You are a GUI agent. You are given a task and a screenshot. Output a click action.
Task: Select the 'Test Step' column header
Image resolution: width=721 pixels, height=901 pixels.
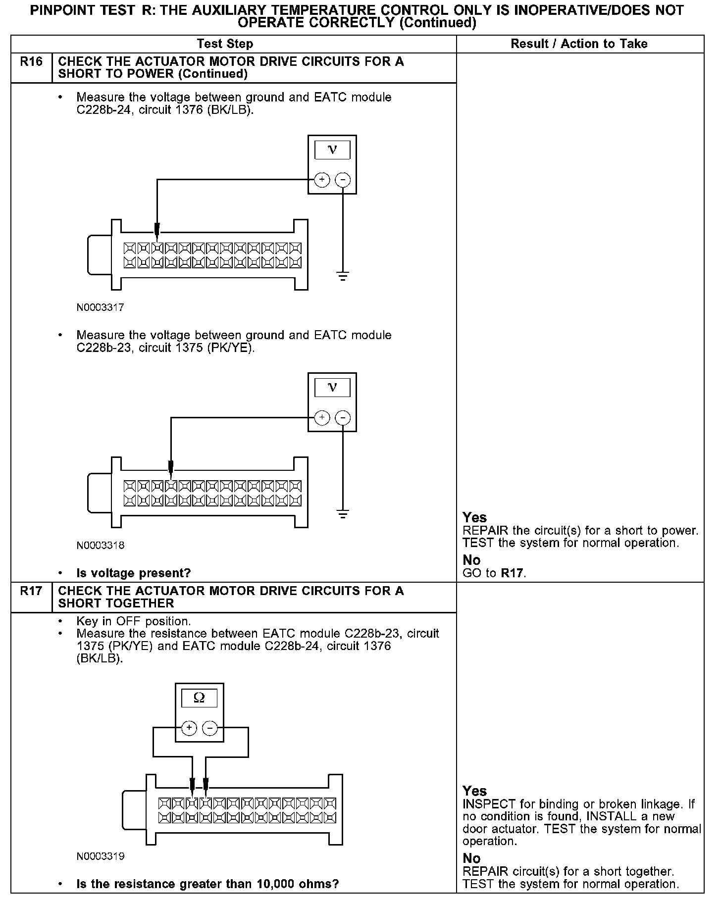225,44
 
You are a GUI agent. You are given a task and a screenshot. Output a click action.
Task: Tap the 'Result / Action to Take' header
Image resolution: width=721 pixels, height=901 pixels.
579,44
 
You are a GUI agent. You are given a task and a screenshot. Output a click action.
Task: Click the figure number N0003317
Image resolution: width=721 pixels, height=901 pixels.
100,307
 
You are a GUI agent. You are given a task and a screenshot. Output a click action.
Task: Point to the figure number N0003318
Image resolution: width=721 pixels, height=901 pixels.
100,546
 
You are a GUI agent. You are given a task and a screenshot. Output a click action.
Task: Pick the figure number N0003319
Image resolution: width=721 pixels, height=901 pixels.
100,856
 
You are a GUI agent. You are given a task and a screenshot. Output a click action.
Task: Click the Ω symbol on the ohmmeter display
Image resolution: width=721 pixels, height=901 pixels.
199,698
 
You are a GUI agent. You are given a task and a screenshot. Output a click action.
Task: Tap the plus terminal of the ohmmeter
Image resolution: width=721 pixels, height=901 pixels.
189,728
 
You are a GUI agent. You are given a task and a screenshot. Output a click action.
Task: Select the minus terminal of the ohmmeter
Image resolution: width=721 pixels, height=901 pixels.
210,728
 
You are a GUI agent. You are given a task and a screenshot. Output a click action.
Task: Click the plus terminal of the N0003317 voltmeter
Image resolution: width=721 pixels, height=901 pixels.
322,179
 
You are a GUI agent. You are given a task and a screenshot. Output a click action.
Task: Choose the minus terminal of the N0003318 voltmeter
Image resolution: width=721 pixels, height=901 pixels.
343,418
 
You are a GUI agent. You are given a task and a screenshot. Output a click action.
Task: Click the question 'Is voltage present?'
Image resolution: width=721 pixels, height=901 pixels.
133,573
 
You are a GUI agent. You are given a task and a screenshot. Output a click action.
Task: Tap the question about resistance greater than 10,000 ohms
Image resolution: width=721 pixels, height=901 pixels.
207,884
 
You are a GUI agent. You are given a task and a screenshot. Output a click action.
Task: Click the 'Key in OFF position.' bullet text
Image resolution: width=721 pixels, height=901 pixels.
133,621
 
